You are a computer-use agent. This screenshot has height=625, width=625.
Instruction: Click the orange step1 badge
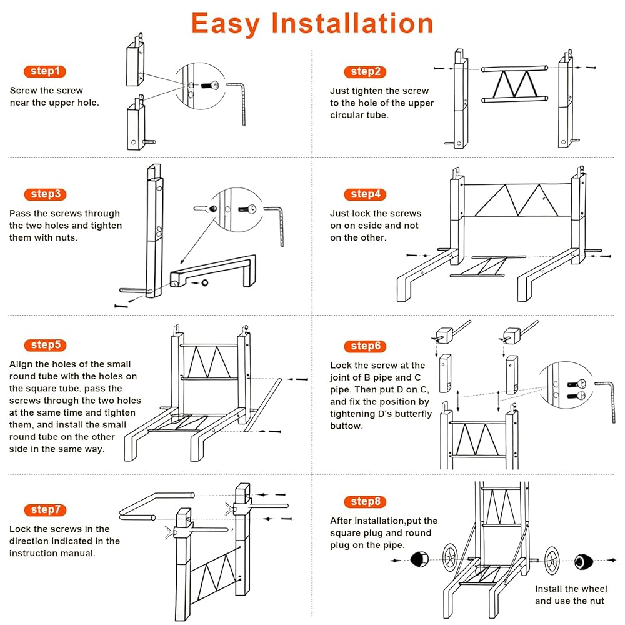44,71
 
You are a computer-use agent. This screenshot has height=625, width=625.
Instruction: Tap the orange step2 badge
365,71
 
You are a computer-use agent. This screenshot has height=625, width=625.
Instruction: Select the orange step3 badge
44,194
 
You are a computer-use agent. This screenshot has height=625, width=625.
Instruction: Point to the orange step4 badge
365,194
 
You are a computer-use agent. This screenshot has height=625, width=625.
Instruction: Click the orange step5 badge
44,345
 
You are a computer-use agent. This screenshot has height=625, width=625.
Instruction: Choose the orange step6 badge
365,346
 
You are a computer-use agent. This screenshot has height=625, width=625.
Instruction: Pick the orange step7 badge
44,510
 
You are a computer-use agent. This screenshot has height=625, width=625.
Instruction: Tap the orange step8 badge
365,502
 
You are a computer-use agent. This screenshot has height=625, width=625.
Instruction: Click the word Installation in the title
351,24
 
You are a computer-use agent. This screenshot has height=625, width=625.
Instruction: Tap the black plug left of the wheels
417,559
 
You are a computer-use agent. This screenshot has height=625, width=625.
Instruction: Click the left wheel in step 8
452,556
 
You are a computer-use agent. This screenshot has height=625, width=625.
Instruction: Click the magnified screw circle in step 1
199,86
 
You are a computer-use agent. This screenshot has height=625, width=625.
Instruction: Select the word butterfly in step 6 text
409,414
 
